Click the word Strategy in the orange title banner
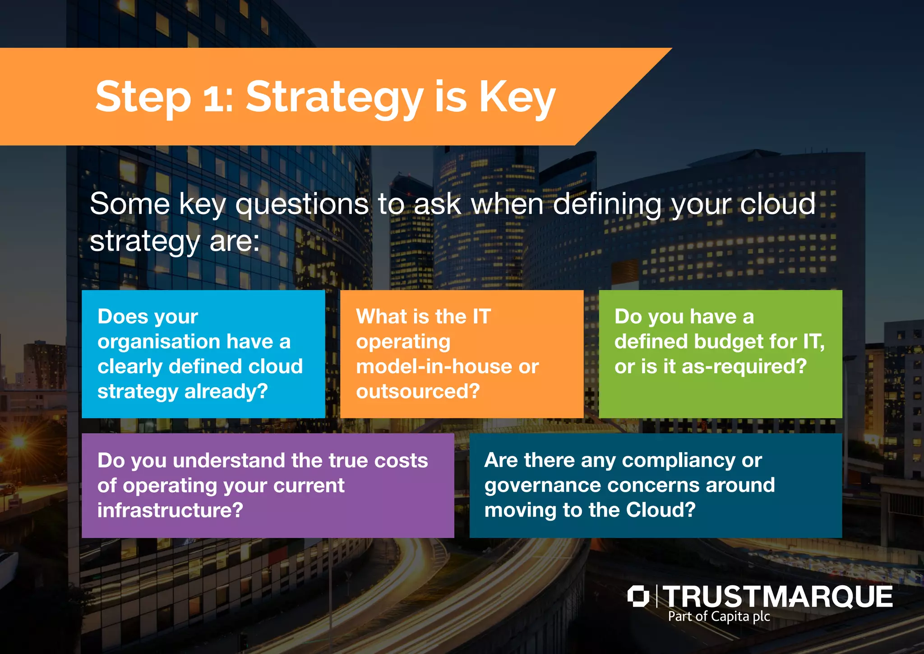point(334,97)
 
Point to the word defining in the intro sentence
point(606,204)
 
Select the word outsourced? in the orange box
point(418,391)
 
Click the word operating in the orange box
point(403,342)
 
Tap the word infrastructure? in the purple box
point(170,510)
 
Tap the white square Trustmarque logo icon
point(638,596)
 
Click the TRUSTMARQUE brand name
point(777,597)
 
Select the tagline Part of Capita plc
point(719,617)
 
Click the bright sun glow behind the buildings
point(18,442)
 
